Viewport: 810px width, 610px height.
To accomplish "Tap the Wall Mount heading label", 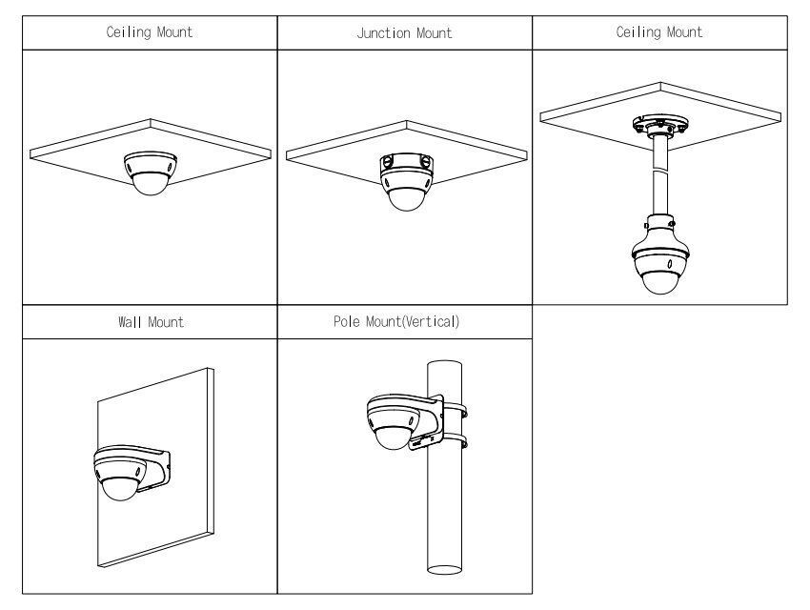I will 149,322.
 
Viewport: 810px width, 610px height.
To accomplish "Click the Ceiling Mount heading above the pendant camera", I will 659,32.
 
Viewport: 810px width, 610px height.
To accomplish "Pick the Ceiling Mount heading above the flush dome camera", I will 149,32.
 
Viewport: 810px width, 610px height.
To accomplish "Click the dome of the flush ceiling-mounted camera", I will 150,184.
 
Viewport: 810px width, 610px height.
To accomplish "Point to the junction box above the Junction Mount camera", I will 405,168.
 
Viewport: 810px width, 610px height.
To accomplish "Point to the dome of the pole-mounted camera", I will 391,437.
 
